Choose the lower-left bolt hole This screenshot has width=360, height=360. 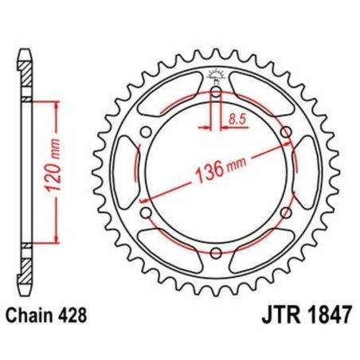tap(146, 213)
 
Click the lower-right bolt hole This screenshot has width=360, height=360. tap(287, 213)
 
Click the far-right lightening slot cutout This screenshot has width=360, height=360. tap(309, 173)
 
